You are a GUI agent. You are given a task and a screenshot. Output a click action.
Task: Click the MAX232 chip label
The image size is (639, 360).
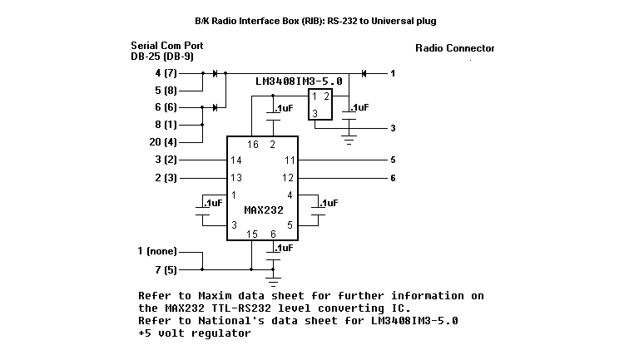click(x=264, y=210)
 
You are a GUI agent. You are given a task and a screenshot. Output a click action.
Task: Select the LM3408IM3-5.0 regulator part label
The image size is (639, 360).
click(x=299, y=81)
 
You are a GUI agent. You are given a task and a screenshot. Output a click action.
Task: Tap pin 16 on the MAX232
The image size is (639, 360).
click(x=253, y=145)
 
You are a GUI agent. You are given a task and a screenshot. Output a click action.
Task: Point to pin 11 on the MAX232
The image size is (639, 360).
click(x=290, y=160)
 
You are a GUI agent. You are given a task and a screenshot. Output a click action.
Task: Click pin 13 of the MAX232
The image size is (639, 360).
click(x=236, y=178)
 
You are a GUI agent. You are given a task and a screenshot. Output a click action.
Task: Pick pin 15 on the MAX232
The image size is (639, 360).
click(x=252, y=234)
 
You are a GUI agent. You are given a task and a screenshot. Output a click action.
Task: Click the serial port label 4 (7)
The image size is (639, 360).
click(x=166, y=73)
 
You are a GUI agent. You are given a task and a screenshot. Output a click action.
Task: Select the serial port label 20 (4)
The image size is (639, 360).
click(x=163, y=142)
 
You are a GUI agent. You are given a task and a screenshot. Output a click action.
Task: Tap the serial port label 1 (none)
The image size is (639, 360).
click(x=157, y=251)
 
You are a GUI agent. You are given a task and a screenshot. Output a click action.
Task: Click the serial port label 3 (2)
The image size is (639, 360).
click(x=166, y=160)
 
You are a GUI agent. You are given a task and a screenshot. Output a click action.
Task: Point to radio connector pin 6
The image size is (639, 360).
click(x=393, y=178)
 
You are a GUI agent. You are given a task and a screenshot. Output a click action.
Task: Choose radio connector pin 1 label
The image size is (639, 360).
click(x=393, y=73)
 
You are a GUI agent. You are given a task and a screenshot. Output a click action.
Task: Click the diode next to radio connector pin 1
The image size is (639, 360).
click(x=364, y=73)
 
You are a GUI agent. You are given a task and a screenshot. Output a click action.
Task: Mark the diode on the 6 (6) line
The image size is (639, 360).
click(x=215, y=107)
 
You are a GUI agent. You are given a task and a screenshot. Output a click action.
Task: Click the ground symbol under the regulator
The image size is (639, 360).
click(x=349, y=140)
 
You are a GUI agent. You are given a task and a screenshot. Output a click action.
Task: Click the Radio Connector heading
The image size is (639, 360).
click(x=455, y=48)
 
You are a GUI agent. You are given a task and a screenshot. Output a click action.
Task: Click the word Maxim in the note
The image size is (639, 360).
click(x=215, y=296)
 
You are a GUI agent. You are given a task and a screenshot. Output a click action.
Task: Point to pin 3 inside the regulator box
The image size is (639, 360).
click(x=315, y=114)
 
